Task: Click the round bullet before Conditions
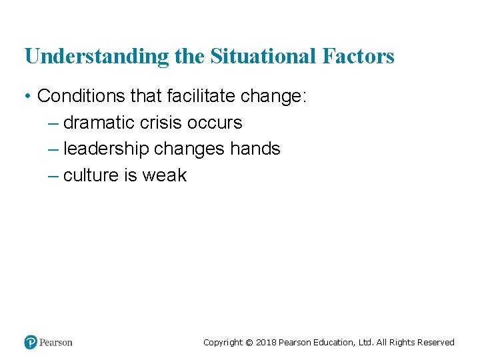pyautogui.click(x=28, y=97)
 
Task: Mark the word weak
pyautogui.click(x=164, y=175)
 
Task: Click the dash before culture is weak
pyautogui.click(x=54, y=176)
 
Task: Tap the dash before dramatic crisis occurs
pyautogui.click(x=54, y=123)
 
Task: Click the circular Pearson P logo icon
pyautogui.click(x=31, y=342)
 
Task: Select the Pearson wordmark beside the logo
pyautogui.click(x=56, y=343)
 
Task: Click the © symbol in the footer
pyautogui.click(x=249, y=343)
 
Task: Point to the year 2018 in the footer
pyautogui.click(x=266, y=343)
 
